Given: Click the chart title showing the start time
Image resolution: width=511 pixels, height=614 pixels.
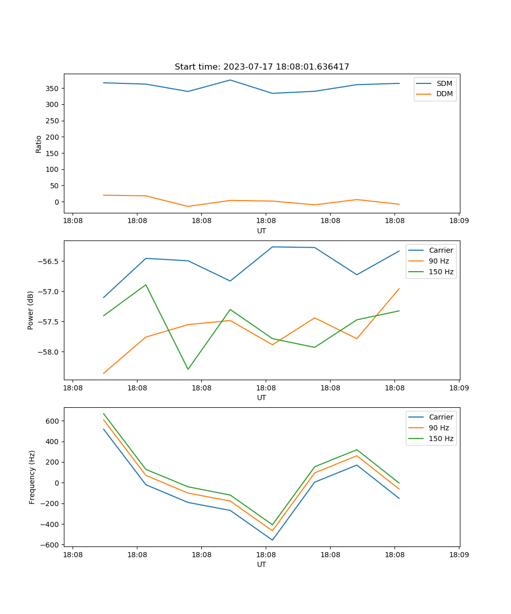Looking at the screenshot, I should click(262, 67).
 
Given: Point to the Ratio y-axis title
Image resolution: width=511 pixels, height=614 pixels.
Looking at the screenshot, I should click(39, 144).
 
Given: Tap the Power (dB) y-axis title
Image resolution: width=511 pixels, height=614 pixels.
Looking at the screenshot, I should click(31, 310).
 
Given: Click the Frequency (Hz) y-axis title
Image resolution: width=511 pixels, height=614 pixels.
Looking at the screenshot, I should click(32, 477).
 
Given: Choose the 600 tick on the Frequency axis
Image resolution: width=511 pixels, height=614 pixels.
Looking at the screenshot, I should click(54, 421).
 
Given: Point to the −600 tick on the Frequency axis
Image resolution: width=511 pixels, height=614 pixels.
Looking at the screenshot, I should click(51, 545).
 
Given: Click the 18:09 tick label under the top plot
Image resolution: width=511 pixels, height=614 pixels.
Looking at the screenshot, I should click(459, 221).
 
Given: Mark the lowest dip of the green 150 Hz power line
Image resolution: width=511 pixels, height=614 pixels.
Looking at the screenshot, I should click(188, 369).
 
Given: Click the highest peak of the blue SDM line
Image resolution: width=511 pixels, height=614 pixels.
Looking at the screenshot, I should click(230, 80).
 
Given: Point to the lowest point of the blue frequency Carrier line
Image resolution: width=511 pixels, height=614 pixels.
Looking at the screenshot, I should click(272, 540).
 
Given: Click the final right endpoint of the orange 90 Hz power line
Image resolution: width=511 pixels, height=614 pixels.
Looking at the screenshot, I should click(399, 289).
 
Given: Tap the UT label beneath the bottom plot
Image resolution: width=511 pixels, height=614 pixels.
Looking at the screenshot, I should click(262, 564).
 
